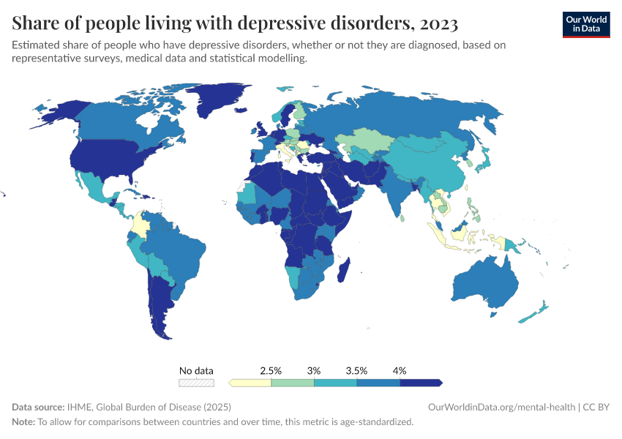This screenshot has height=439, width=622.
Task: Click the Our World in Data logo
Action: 585,24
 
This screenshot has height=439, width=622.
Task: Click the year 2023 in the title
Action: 438,23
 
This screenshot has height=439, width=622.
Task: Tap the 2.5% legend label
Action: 271,371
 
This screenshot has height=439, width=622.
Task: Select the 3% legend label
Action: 314,371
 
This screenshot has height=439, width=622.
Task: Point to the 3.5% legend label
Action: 356,371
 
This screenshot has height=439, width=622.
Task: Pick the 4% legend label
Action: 400,371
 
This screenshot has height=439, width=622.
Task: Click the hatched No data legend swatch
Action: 197,382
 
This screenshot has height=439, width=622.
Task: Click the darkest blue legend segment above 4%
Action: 421,382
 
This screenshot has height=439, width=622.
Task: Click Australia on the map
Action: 487,282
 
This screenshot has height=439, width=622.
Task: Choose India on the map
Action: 396,194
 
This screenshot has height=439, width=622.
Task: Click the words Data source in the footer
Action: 38,407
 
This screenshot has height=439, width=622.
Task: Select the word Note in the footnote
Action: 23,422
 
